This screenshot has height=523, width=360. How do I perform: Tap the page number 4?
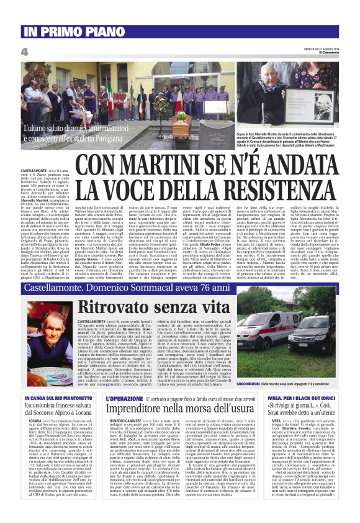(24, 52)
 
